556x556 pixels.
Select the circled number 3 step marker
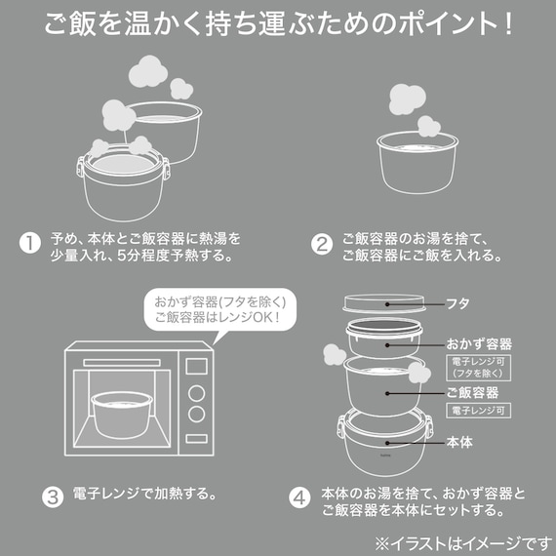[54, 493]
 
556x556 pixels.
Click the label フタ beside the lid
[459, 304]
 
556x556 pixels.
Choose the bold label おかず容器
[479, 344]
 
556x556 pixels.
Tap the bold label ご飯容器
[472, 392]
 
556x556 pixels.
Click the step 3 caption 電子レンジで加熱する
[143, 493]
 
